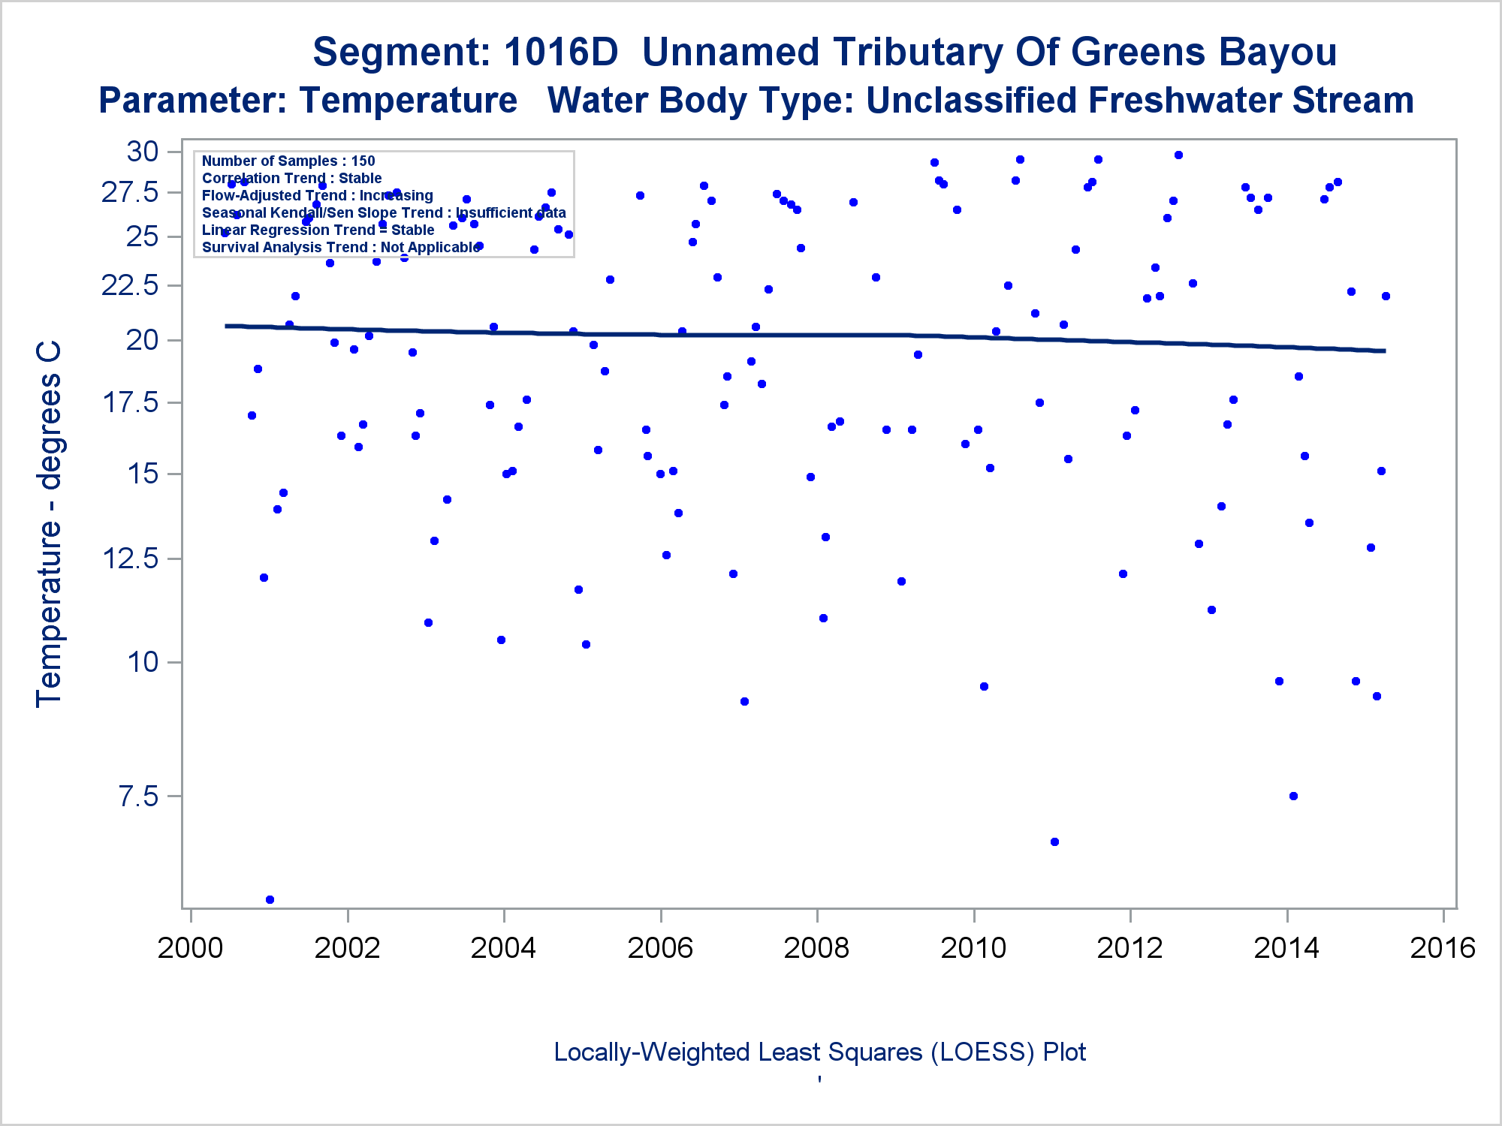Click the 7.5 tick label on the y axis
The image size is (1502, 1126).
coord(139,796)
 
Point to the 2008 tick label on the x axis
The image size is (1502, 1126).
coord(816,948)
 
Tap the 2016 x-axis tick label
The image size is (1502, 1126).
coord(1443,948)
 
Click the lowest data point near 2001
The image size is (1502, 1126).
coord(270,899)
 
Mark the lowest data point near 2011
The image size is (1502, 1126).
coord(1054,841)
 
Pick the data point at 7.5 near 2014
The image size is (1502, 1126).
coord(1293,796)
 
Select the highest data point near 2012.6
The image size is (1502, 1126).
coord(1178,155)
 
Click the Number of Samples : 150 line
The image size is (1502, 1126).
coord(288,161)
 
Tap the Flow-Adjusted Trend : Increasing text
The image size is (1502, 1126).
coord(317,195)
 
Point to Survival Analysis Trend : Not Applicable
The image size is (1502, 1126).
coord(340,247)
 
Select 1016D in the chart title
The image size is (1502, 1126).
coord(561,53)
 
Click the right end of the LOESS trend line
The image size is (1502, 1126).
coord(1384,351)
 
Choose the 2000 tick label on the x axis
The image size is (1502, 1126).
coord(190,948)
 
